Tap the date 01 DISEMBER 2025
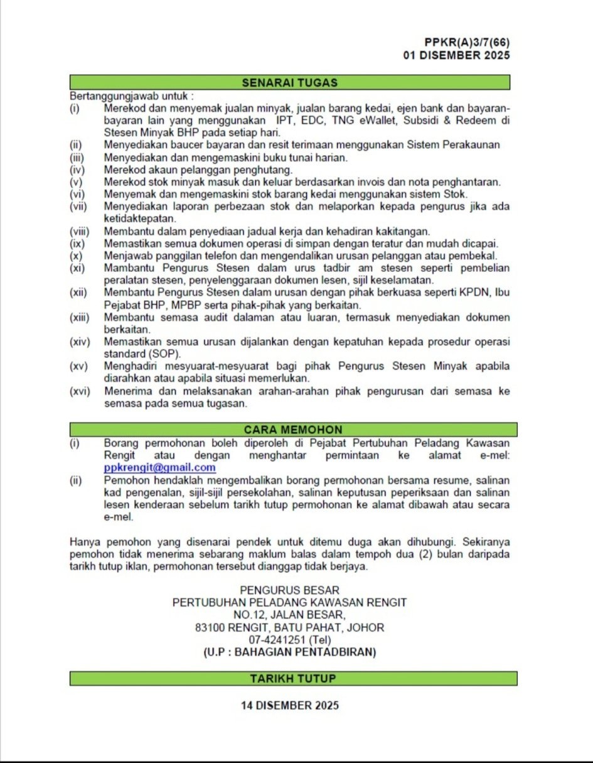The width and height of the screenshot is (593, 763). tap(456, 55)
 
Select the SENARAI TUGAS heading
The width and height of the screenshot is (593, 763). tap(289, 82)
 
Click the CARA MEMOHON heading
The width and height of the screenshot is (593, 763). tap(293, 430)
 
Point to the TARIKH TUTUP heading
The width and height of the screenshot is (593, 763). tap(293, 678)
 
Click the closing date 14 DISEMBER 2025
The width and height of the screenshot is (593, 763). tap(290, 705)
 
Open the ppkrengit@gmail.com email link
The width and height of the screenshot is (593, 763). tap(159, 468)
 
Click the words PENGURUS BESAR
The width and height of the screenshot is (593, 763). tap(290, 590)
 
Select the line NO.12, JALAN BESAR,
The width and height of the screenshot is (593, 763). tap(289, 615)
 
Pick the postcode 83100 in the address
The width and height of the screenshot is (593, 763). tap(210, 627)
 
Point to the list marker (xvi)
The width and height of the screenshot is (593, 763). tap(80, 391)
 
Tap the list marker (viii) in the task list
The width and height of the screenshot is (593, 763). tap(80, 231)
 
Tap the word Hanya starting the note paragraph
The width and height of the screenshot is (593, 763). tap(85, 541)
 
